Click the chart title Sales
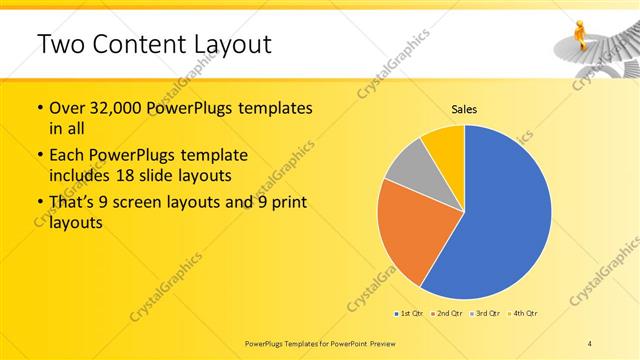[x=465, y=109]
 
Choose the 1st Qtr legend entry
[x=410, y=314]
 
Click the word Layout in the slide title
[x=225, y=45]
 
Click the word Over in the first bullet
[x=69, y=108]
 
